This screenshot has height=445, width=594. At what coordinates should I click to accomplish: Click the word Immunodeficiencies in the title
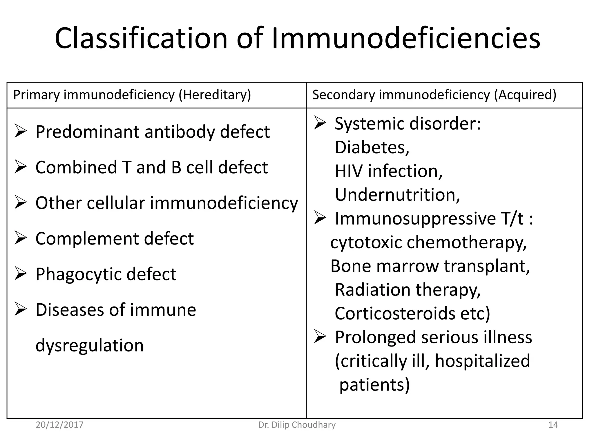click(x=406, y=39)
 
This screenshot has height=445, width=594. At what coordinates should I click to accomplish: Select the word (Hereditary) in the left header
click(x=215, y=95)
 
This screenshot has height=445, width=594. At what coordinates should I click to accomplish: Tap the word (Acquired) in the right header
click(x=525, y=95)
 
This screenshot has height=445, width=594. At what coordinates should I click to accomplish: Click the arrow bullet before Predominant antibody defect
click(x=21, y=132)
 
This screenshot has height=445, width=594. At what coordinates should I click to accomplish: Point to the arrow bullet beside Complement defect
click(x=21, y=238)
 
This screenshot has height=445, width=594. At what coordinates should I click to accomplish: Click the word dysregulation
click(x=89, y=345)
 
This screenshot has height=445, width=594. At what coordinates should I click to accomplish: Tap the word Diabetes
click(x=372, y=147)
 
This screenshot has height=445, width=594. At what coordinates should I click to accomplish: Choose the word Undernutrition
click(x=397, y=195)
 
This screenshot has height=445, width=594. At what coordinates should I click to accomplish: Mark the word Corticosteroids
click(x=395, y=313)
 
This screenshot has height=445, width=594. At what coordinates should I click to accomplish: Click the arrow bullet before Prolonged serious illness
click(x=320, y=337)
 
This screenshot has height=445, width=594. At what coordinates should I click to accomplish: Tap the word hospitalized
click(x=482, y=361)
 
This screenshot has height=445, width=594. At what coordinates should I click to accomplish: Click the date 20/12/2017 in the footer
click(x=59, y=425)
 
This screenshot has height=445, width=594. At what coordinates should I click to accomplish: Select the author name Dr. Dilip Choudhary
click(x=297, y=425)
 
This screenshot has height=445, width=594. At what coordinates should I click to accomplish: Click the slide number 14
click(x=553, y=425)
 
